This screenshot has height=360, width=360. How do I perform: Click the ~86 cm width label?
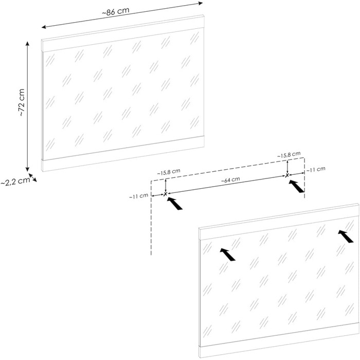116,11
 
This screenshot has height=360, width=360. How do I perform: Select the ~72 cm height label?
22,102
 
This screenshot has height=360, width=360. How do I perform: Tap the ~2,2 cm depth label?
15,181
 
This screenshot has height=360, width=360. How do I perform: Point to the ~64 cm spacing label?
230,180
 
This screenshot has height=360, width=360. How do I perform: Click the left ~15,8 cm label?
169,172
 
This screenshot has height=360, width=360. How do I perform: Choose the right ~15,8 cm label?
289,154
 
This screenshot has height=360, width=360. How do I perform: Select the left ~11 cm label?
138,196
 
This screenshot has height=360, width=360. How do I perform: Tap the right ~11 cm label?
316,169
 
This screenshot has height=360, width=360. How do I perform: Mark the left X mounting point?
165,194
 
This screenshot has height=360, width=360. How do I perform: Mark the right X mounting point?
287,175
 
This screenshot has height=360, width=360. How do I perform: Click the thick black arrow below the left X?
174,204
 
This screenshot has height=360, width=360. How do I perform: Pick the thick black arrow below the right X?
296,186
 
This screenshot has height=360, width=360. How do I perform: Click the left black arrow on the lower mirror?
227,255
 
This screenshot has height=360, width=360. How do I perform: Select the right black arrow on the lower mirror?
345,237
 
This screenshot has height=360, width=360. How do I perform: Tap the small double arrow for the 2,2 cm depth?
32,178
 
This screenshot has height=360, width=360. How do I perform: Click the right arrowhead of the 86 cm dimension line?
201,3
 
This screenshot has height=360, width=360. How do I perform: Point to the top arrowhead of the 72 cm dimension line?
28,44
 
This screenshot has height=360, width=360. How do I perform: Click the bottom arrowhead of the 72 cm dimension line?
28,169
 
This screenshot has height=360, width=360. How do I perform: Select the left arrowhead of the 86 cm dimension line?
44,27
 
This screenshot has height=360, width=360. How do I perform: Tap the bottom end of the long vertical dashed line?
151,255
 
